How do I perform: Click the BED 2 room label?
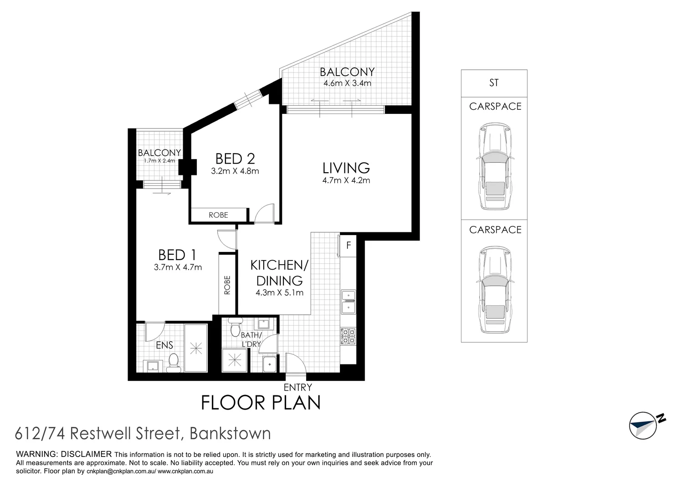point(235,159)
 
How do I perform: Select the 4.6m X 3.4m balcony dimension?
point(347,83)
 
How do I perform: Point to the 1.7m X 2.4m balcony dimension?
point(159,160)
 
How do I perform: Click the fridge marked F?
point(348,246)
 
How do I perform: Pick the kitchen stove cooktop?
point(348,336)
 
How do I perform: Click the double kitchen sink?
point(348,302)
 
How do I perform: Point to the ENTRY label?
point(297,387)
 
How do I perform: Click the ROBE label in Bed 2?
point(218,215)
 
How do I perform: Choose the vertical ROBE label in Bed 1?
point(227,285)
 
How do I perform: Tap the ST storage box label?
point(494,83)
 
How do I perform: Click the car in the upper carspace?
point(494,166)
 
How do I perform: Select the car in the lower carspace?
point(494,290)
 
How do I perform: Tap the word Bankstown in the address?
point(230,433)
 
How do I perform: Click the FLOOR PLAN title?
point(261,403)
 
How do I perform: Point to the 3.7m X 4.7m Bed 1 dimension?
point(178,267)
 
